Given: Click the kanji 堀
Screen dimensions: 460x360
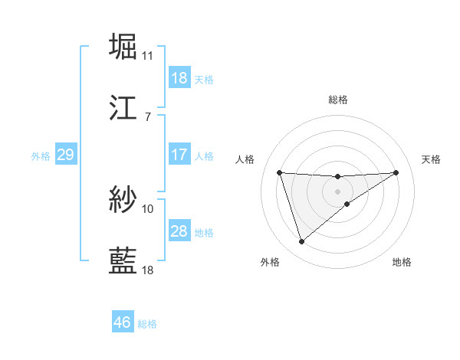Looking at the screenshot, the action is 123,47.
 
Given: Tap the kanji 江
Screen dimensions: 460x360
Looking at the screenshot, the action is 123,108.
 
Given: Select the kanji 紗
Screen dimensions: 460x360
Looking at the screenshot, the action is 123,200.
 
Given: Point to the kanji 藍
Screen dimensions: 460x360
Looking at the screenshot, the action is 123,261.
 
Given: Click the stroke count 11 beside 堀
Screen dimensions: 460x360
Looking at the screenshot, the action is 148,56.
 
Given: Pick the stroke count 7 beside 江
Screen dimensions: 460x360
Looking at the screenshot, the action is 147,117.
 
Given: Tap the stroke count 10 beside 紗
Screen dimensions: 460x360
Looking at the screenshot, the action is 148,208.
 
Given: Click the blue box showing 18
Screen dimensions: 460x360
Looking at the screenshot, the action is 179,78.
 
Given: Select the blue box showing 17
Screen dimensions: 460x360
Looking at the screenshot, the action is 179,155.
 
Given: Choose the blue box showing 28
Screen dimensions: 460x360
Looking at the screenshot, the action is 179,231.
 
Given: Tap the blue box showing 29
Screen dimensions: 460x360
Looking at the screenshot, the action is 65,155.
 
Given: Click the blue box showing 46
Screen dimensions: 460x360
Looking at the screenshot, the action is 123,323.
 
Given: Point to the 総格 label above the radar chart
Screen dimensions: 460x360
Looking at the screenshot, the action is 338,100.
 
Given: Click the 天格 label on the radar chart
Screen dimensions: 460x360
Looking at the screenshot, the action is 431,159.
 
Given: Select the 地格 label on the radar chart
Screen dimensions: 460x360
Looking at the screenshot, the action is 402,262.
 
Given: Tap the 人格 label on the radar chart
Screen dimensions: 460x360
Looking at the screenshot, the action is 245,159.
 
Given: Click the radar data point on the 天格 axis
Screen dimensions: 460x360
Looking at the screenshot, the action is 396,172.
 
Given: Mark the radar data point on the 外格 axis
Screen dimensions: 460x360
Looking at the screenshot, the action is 301,242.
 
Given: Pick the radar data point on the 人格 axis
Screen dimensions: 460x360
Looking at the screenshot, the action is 280,172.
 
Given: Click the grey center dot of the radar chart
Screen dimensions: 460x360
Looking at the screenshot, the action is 338,191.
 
